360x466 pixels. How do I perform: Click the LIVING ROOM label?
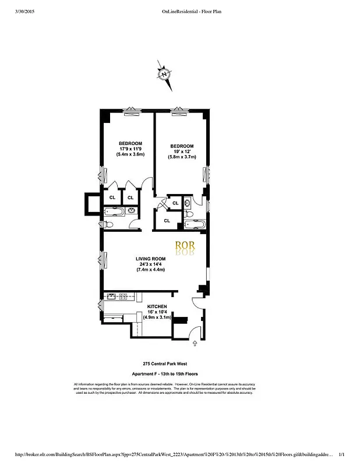point(151,259)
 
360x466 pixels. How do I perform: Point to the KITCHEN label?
point(157,306)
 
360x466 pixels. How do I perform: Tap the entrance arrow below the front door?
point(193,344)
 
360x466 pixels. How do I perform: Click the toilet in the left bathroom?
point(110,224)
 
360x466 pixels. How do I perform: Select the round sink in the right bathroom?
point(188,204)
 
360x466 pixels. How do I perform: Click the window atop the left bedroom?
point(133,111)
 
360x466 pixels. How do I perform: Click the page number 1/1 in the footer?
point(342,454)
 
